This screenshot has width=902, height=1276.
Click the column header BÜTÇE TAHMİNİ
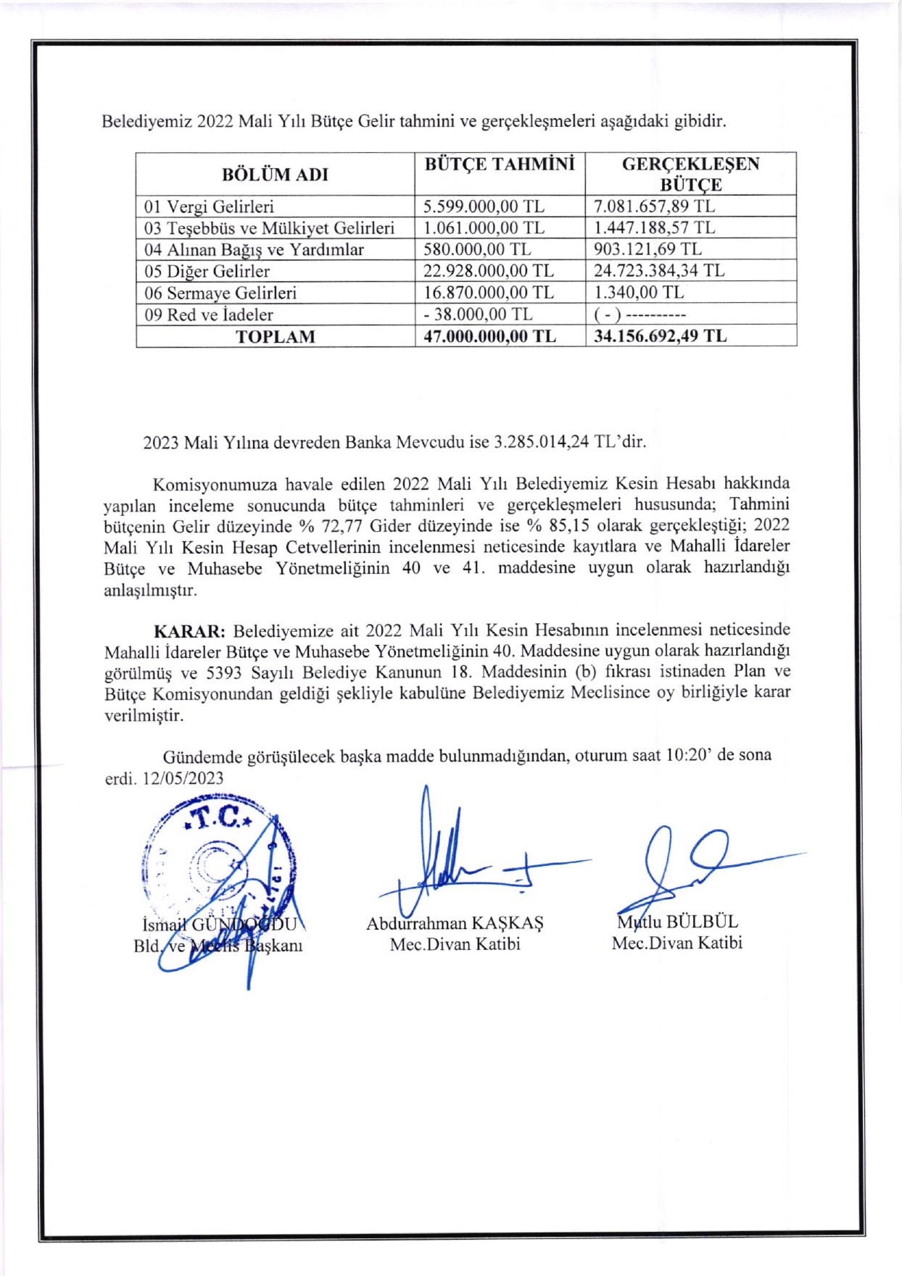(x=500, y=164)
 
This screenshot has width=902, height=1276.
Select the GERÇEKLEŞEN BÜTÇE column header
(x=690, y=174)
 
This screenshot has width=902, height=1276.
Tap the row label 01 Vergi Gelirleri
(x=209, y=207)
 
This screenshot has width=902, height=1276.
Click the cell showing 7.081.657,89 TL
(x=654, y=207)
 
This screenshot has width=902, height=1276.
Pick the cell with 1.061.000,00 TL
(x=484, y=228)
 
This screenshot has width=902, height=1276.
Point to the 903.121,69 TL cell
(x=647, y=249)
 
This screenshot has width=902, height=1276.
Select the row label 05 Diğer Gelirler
(x=207, y=271)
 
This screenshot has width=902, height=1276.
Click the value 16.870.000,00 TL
(x=488, y=293)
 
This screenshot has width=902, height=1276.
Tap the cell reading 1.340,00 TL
(x=638, y=293)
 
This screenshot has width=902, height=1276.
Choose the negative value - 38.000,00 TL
(x=478, y=314)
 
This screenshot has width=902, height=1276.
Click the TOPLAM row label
(x=276, y=337)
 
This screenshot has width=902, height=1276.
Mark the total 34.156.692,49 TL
(x=660, y=336)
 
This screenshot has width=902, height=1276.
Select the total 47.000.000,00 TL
(x=489, y=336)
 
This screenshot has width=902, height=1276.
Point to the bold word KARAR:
(x=189, y=630)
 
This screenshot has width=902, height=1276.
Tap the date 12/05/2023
(x=183, y=778)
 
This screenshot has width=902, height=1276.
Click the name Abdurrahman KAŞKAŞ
(x=455, y=923)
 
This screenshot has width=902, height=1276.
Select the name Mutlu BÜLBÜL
(x=677, y=922)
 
